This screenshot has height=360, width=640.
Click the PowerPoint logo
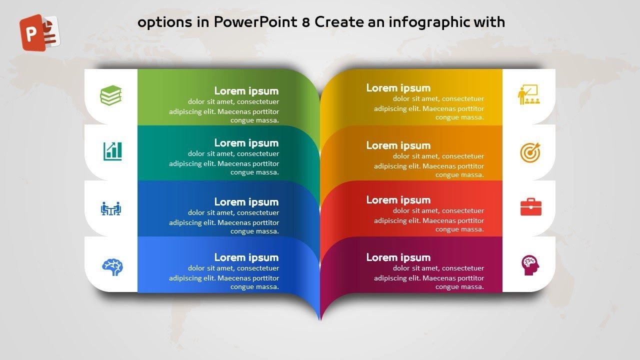(x=39, y=32)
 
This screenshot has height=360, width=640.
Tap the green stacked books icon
(x=111, y=95)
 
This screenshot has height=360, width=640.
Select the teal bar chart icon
(x=112, y=151)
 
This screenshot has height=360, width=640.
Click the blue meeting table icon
(x=111, y=208)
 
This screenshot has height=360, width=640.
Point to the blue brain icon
(x=112, y=267)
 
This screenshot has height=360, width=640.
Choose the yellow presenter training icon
(x=529, y=94)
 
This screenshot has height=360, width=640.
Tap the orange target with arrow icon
(x=530, y=152)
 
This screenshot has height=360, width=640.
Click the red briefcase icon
(x=531, y=206)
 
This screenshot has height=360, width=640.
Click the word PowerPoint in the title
(x=255, y=22)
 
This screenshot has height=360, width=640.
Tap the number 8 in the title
(x=305, y=22)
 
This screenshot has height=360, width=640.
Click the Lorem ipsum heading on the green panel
(x=246, y=91)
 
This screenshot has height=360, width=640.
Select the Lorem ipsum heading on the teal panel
(x=246, y=143)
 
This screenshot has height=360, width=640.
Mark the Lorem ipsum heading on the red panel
(x=398, y=200)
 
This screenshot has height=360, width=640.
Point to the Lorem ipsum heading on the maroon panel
(x=398, y=257)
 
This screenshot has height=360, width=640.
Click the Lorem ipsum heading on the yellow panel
(x=398, y=88)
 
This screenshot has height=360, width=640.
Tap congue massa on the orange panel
(x=459, y=175)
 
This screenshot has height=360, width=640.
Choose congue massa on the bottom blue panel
(x=254, y=287)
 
